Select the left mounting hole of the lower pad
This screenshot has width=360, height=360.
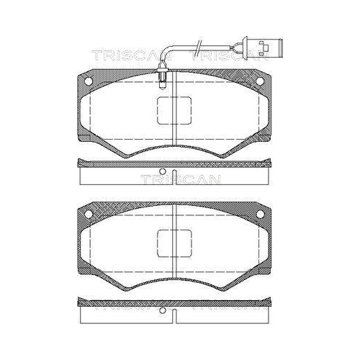pos(89,214)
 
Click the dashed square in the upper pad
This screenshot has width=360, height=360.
pos(175,110)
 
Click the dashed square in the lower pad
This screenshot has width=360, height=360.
pos(175,243)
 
